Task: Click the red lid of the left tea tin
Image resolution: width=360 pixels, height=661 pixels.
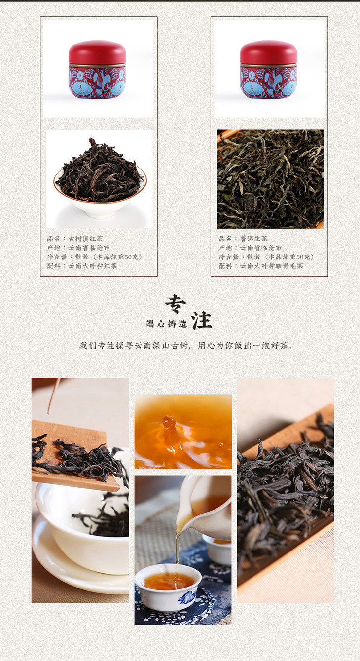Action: pyautogui.click(x=97, y=52)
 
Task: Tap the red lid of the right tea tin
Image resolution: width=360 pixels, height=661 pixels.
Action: pyautogui.click(x=269, y=52)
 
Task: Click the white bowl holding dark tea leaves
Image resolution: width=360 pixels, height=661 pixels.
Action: pyautogui.click(x=100, y=204)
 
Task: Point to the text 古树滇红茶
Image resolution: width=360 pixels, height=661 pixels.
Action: pyautogui.click(x=86, y=238)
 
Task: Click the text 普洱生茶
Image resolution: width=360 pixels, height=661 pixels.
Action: pyautogui.click(x=254, y=238)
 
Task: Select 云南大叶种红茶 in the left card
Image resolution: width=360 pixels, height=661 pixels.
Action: pyautogui.click(x=93, y=266)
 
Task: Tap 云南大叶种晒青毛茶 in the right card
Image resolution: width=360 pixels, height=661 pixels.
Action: pyautogui.click(x=271, y=266)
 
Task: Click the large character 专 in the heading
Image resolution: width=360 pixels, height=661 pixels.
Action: pyautogui.click(x=175, y=304)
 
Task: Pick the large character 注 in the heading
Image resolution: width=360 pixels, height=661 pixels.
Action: pyautogui.click(x=202, y=321)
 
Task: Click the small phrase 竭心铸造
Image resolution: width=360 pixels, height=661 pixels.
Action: pyautogui.click(x=166, y=324)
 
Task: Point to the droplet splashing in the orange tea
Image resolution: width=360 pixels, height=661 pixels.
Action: pyautogui.click(x=169, y=422)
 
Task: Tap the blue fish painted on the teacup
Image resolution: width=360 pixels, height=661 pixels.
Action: pyautogui.click(x=187, y=597)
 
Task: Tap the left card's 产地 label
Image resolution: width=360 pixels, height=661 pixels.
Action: pyautogui.click(x=54, y=248)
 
